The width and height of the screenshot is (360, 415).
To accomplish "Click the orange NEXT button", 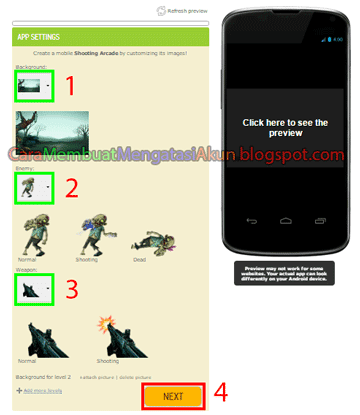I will pos(173,396).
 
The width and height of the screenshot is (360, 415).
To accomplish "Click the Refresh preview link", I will pos(184,11).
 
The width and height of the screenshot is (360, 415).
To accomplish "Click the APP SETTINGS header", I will pos(40,37).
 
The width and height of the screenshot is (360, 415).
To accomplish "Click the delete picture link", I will pos(144,376).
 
